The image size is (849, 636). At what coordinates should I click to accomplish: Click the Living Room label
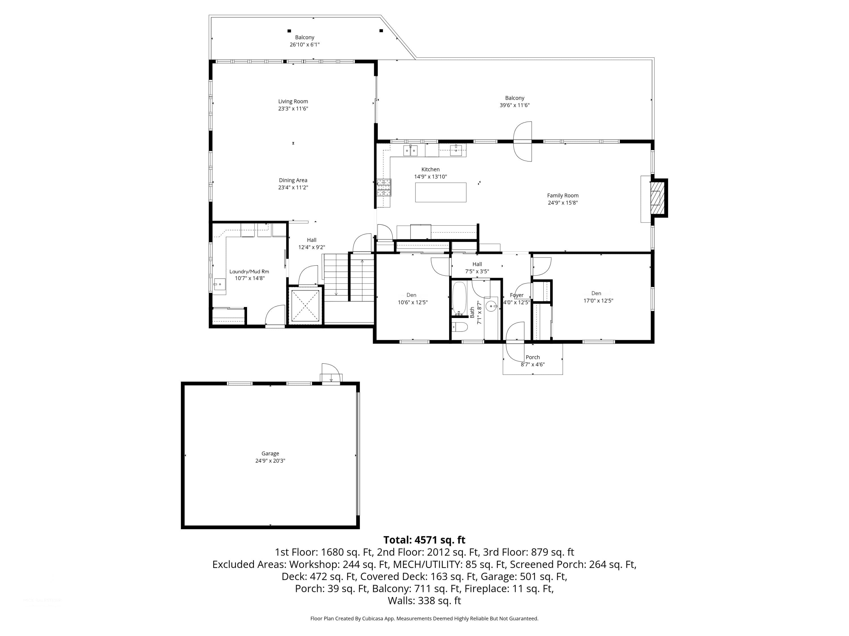(293, 101)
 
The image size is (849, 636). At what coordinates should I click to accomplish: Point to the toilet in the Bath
(460, 327)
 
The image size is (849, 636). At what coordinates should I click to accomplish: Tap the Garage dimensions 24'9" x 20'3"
(270, 460)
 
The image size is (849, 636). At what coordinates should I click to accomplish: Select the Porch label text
(533, 357)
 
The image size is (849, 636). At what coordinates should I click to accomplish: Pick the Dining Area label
(293, 180)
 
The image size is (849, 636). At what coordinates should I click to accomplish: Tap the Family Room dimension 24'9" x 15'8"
(563, 203)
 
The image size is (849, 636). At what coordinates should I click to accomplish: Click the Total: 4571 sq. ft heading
(424, 540)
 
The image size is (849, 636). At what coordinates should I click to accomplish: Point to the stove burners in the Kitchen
(384, 187)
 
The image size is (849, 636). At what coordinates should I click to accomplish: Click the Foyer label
(516, 295)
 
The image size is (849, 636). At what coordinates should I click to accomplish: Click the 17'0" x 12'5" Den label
(598, 300)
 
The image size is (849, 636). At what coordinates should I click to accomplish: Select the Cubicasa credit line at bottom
(424, 618)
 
